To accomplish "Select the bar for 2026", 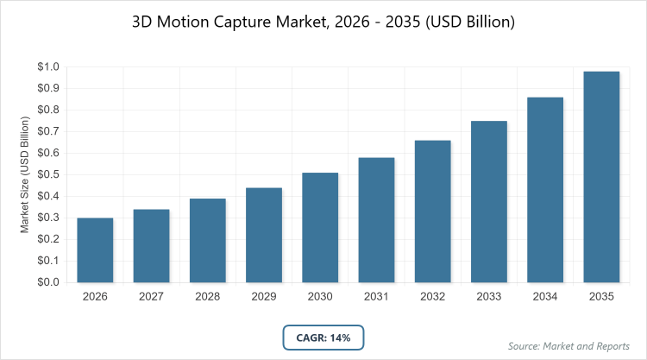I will click(95, 250).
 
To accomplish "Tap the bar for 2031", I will click(376, 220).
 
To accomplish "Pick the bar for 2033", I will click(489, 202).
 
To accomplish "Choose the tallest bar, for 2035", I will click(601, 177).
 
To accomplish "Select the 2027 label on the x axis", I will click(151, 297).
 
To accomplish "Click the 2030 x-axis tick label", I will click(320, 297).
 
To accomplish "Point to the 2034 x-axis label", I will click(545, 297).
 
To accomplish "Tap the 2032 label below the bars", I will click(433, 297).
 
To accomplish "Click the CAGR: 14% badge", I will click(323, 338).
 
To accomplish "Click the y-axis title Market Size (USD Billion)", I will click(25, 174).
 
